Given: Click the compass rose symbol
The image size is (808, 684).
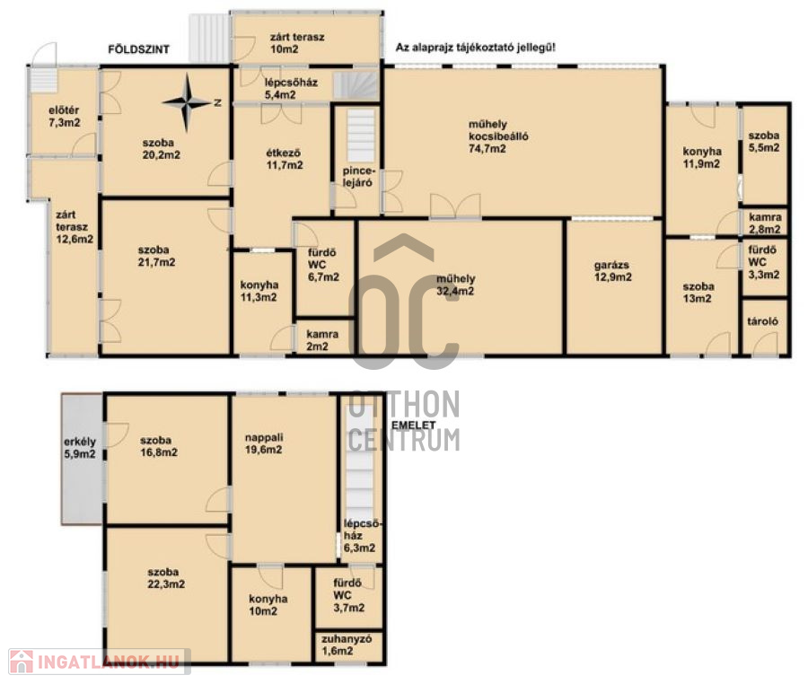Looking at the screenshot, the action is [187, 102].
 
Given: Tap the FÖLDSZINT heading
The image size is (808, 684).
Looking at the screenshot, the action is [138, 49].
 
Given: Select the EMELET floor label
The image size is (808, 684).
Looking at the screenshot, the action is [414, 425].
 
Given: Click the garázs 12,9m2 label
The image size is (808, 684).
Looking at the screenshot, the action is [612, 271].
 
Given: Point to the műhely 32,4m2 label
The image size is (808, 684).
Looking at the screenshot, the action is [455, 285].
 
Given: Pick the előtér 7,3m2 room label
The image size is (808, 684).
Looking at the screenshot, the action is [64, 117].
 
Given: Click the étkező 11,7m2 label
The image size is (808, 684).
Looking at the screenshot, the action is [285, 159].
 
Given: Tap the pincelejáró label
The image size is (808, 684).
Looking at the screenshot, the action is [357, 177].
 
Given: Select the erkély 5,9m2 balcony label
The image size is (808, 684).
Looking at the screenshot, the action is [80, 448].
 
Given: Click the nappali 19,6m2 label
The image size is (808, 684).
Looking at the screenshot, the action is [263, 443].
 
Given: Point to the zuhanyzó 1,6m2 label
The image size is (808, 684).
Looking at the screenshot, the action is [347, 645].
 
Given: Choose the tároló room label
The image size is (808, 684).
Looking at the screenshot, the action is [762, 321].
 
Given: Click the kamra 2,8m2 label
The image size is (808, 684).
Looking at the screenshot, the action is [765, 223].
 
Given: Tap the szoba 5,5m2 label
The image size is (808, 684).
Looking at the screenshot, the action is [764, 141].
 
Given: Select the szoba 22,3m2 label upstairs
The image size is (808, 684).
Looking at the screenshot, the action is [166, 578].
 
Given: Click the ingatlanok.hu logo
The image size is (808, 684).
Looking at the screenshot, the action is [96, 662].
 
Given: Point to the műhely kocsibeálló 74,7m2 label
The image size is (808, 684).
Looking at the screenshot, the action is [498, 136].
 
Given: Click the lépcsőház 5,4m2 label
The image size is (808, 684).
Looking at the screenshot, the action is [291, 88].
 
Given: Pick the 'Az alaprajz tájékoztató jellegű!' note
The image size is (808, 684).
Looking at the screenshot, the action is [476, 48].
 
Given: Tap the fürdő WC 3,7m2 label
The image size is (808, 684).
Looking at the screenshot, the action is [348, 595].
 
